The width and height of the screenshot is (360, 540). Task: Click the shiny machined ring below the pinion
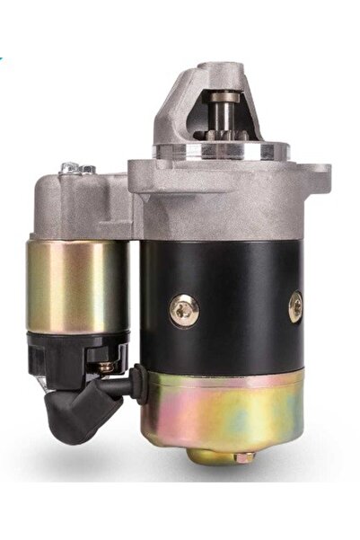[x=229, y=151]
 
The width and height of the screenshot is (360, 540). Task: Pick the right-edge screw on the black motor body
[x=295, y=307]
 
